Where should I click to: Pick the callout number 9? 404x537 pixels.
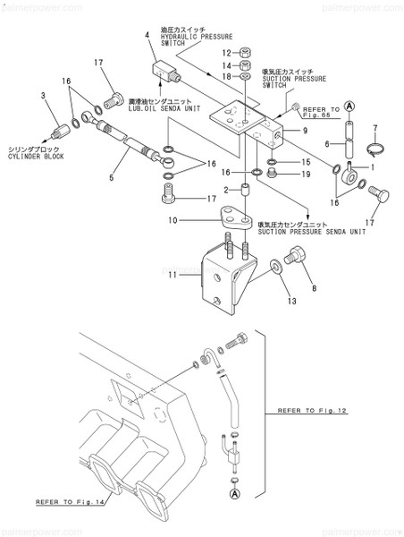(305, 132)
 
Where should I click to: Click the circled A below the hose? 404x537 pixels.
(234, 492)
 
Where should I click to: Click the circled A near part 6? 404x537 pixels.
(350, 107)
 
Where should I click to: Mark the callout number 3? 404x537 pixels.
(42, 94)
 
